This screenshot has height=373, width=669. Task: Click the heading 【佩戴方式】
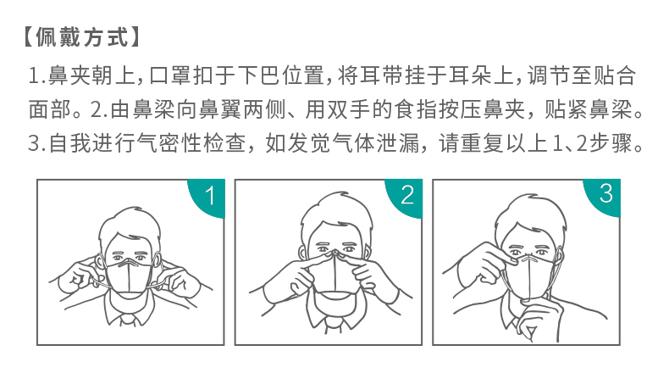tap(78, 38)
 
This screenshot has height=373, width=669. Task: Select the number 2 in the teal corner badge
tap(407, 195)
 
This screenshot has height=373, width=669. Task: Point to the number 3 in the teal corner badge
tap(605, 193)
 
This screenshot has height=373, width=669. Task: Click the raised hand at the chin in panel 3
tap(533, 320)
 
